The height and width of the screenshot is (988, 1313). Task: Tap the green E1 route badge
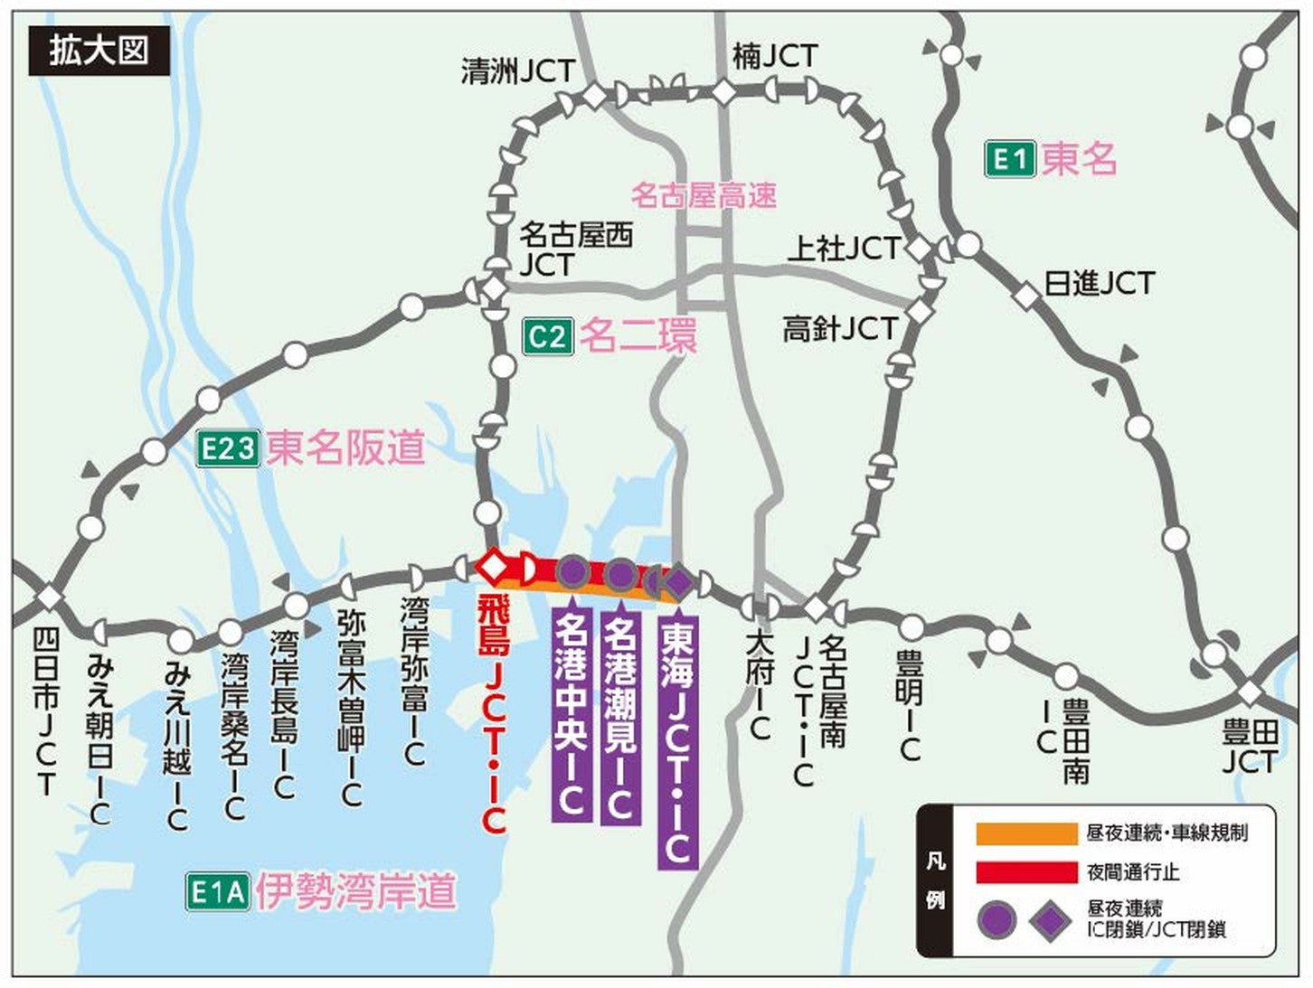click(1009, 161)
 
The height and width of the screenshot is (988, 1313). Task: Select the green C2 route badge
click(548, 337)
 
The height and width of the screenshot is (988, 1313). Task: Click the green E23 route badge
click(229, 448)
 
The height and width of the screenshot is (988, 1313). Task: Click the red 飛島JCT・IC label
click(493, 714)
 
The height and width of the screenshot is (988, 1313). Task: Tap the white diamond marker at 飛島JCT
click(494, 567)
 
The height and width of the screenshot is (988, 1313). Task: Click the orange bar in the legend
click(1025, 833)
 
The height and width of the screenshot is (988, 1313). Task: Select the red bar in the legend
click(1025, 872)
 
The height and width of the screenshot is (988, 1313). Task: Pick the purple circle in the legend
click(996, 919)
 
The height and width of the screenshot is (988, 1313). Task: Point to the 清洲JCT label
click(517, 71)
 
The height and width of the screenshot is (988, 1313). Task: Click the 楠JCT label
click(774, 57)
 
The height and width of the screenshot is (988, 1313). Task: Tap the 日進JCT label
click(1099, 284)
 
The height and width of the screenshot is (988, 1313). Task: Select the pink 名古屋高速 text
click(704, 194)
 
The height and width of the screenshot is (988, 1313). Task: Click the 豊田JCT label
click(1250, 747)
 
